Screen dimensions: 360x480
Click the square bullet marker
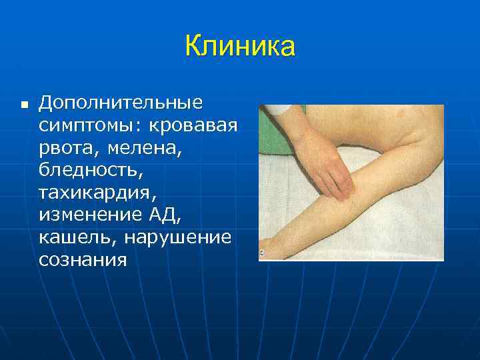pyautogui.click(x=24, y=105)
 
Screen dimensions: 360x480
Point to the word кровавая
pyautogui.click(x=194, y=125)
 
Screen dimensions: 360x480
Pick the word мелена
pyautogui.click(x=144, y=147)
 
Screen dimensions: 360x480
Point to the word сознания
pyautogui.click(x=83, y=260)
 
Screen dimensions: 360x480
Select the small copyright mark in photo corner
pyautogui.click(x=262, y=253)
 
